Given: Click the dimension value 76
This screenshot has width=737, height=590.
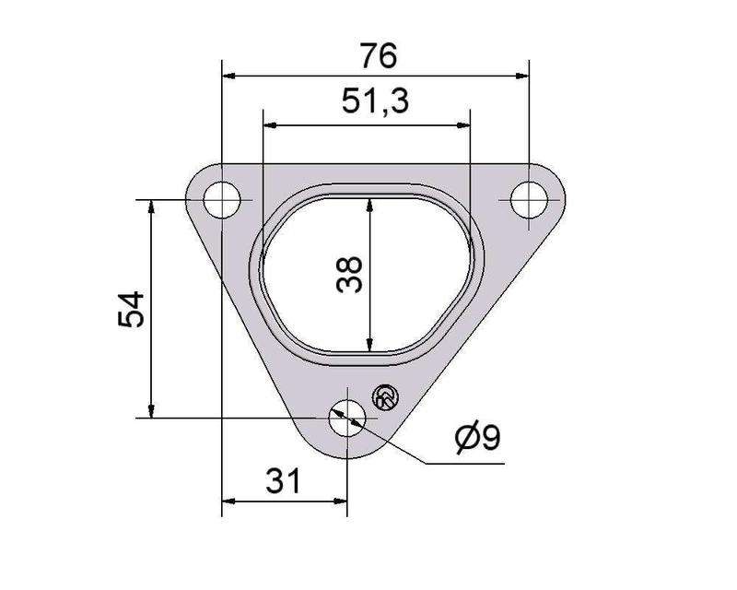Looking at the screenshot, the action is click(379, 55).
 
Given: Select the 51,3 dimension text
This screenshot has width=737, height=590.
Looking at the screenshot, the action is click(375, 101).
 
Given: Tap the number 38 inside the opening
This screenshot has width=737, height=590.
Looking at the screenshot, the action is click(350, 275).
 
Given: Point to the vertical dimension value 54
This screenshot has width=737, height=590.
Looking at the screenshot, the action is click(131, 309).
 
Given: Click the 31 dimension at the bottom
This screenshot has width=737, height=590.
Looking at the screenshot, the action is click(283, 481).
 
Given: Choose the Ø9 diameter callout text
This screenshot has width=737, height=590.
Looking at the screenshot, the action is click(477, 438).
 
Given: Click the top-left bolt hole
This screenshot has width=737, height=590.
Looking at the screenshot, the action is click(222, 199).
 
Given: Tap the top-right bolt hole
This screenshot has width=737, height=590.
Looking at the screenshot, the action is click(529, 199).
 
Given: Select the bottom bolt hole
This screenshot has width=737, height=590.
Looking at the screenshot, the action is click(347, 418).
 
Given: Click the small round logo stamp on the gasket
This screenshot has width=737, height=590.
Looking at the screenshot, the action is click(385, 398).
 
